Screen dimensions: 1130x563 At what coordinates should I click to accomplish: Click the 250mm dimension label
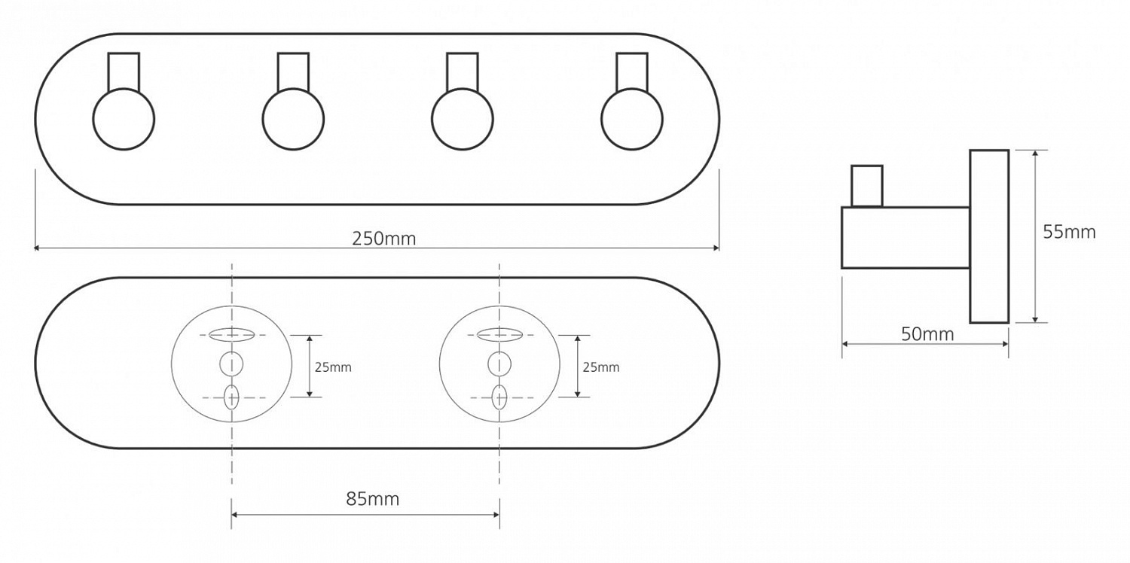[x=384, y=239]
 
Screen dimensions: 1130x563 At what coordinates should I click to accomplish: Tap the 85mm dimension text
[x=372, y=499]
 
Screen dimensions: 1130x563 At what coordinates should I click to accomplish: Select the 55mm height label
[x=1069, y=232]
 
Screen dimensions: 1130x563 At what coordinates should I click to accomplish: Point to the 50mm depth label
[x=927, y=334]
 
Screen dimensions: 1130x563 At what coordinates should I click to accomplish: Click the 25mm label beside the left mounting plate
[x=333, y=367]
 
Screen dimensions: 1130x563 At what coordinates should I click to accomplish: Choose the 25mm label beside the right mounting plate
[x=601, y=367]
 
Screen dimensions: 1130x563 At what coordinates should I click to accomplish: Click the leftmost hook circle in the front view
[x=124, y=90]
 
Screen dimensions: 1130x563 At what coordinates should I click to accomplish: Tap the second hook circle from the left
[x=293, y=90]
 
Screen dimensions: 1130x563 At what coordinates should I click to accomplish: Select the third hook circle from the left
[x=463, y=90]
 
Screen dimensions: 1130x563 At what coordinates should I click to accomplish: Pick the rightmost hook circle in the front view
[x=632, y=90]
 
